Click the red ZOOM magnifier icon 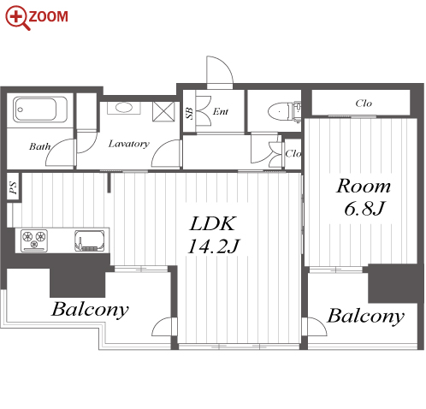click(17, 18)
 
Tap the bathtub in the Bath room click(39, 110)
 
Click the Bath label click(40, 146)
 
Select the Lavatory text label click(129, 144)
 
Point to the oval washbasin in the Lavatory click(123, 108)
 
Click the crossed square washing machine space click(163, 111)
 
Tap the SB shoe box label click(189, 113)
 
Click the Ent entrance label click(221, 111)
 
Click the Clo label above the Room click(364, 103)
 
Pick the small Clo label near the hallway click(293, 154)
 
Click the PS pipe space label click(13, 187)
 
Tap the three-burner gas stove click(34, 240)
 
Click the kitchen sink click(89, 240)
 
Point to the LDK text click(213, 223)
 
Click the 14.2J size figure click(214, 246)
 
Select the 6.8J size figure click(364, 208)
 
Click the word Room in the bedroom click(364, 186)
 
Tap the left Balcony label click(90, 310)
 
